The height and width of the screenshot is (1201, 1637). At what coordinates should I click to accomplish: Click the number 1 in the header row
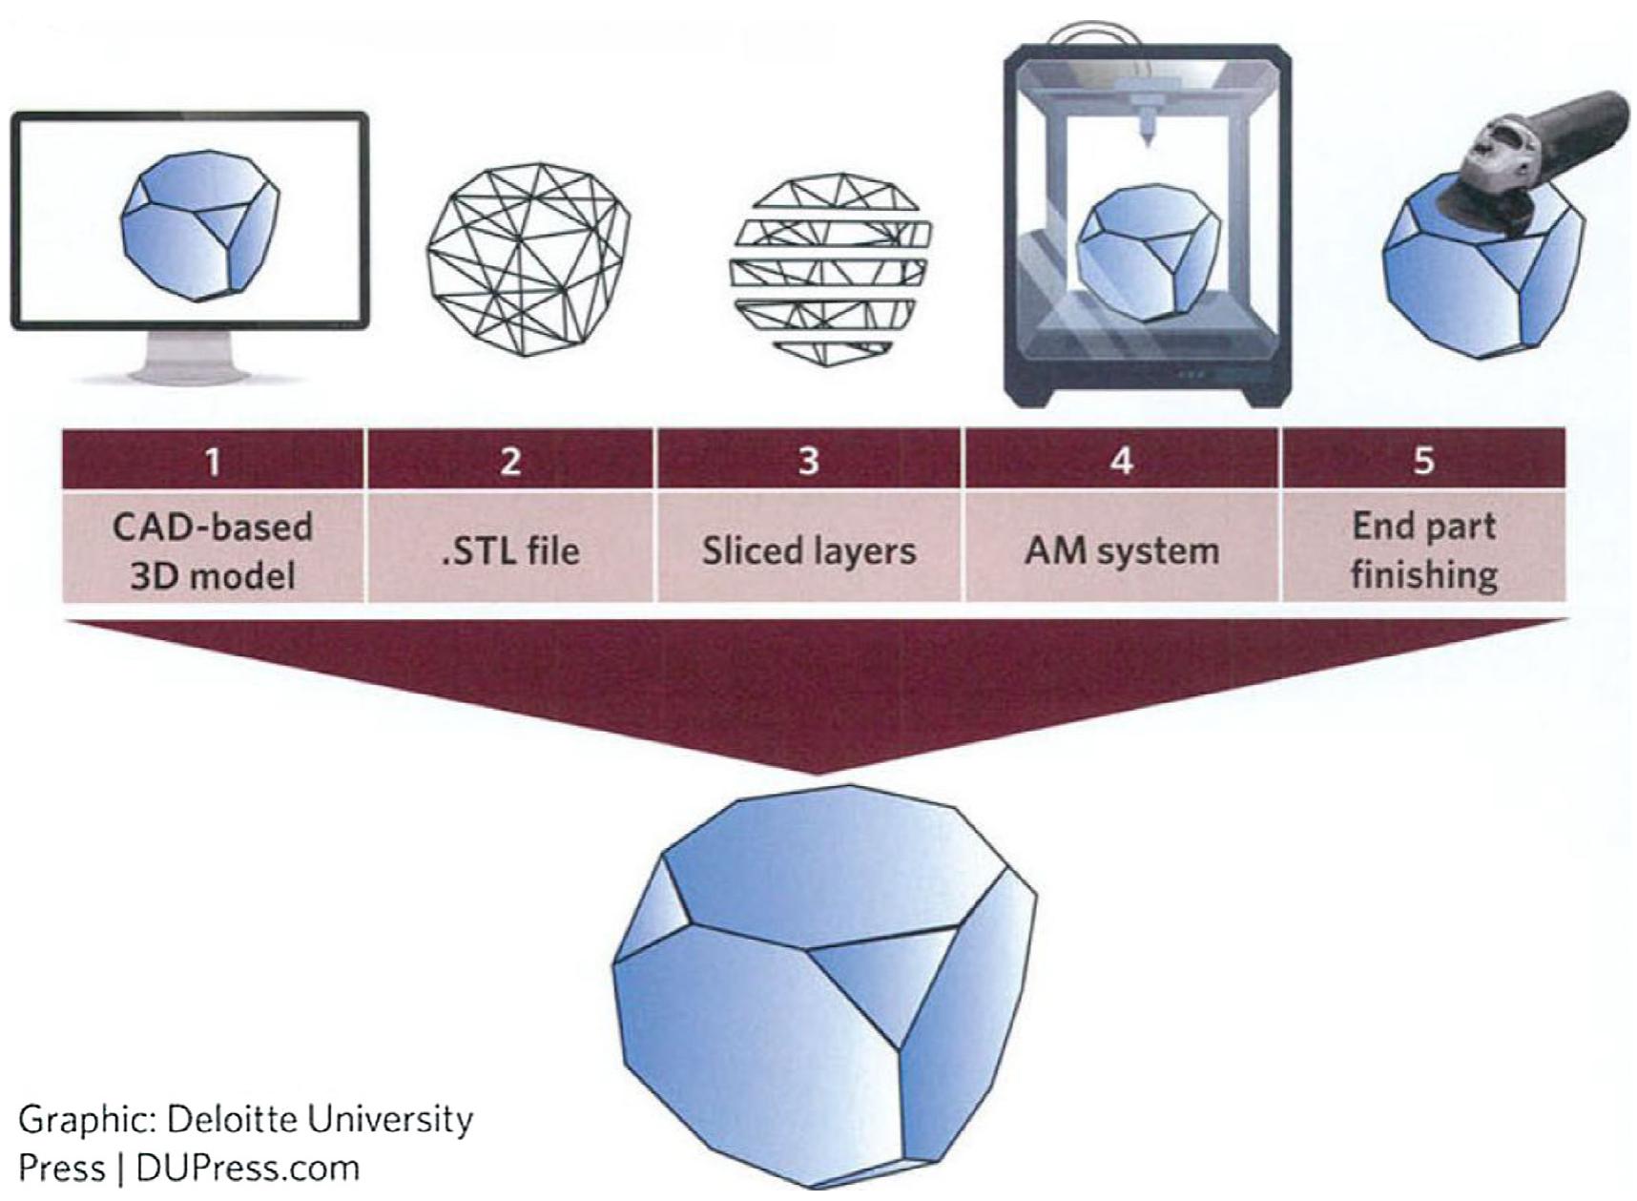(213, 462)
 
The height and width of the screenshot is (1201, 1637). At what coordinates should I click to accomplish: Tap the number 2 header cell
(511, 461)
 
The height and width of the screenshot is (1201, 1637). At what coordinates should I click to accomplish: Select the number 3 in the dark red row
(808, 461)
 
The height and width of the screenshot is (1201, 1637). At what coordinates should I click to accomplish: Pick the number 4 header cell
(1122, 461)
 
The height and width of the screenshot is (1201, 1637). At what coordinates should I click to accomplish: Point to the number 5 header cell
(1423, 461)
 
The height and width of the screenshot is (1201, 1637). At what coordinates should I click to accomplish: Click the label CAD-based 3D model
(213, 550)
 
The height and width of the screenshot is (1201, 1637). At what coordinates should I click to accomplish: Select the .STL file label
(511, 550)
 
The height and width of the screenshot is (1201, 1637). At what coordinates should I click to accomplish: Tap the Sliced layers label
(809, 550)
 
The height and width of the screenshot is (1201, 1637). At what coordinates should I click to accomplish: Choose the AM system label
(1122, 550)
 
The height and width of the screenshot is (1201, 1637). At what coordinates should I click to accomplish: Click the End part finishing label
(1423, 550)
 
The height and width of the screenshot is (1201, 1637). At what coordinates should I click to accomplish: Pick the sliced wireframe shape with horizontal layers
(828, 269)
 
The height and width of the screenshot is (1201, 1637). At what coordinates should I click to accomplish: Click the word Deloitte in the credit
(226, 1119)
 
